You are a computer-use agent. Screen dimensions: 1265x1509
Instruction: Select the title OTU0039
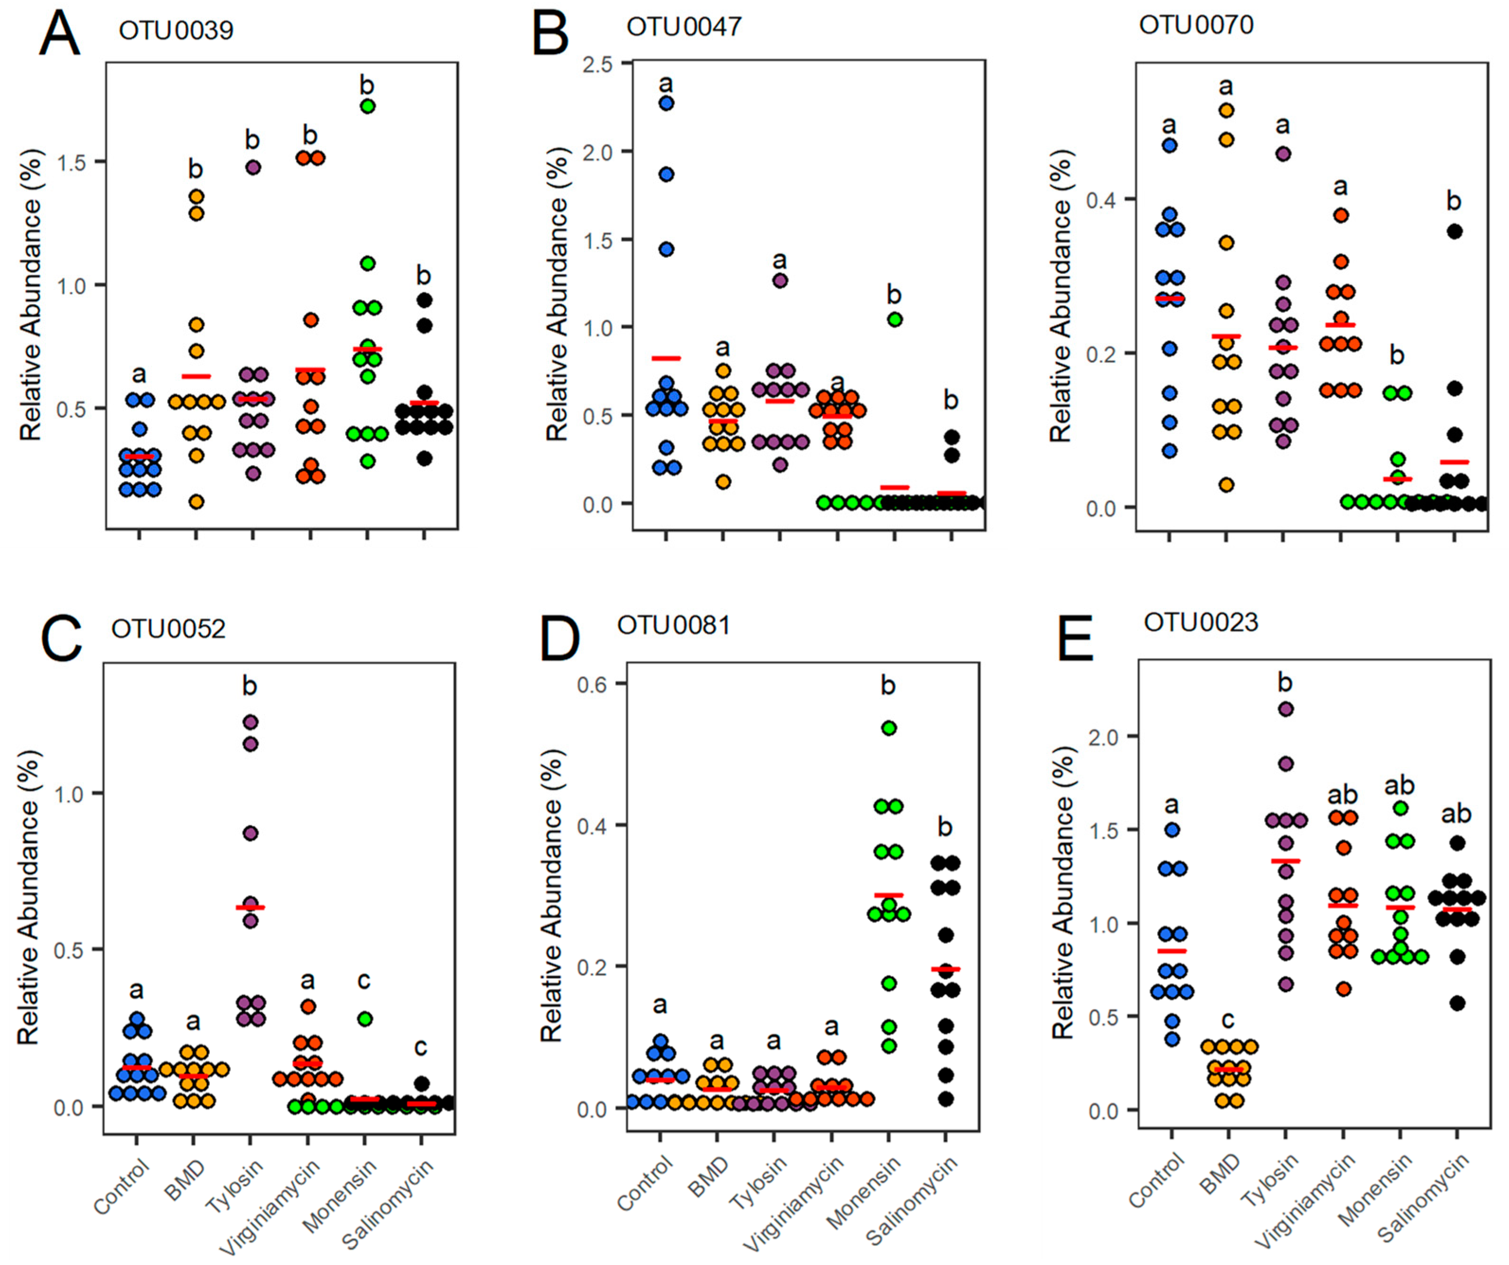coord(176,30)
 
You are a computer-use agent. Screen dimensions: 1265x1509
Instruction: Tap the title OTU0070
coord(1196,25)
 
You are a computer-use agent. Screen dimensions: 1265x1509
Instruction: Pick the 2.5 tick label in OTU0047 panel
coord(598,64)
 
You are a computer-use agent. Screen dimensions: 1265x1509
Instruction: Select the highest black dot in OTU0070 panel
coord(1455,231)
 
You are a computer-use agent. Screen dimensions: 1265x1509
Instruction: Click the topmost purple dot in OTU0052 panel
coord(250,722)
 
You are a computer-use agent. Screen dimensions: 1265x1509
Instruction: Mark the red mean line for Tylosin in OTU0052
coord(250,907)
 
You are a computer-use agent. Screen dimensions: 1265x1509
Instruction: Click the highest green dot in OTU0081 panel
coord(889,728)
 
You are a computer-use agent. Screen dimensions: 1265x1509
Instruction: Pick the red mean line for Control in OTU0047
coord(666,358)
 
